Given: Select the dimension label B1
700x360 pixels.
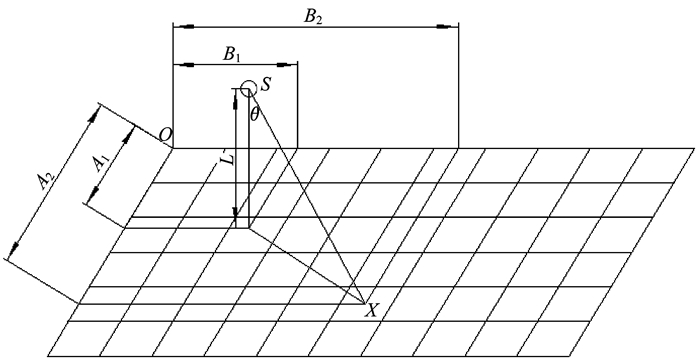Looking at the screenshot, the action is [232, 54].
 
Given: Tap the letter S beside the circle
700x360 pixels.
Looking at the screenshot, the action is [266, 85].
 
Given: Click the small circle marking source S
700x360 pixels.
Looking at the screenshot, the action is [248, 88].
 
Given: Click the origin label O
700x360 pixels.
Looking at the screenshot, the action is [166, 135].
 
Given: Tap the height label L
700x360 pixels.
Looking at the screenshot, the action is [228, 159].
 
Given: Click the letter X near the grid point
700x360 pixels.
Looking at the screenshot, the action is [371, 310].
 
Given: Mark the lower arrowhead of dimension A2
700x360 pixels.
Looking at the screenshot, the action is [14, 249].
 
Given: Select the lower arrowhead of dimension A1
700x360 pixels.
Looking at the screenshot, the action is [93, 195].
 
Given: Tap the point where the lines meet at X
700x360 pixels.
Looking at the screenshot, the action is [365, 304].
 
